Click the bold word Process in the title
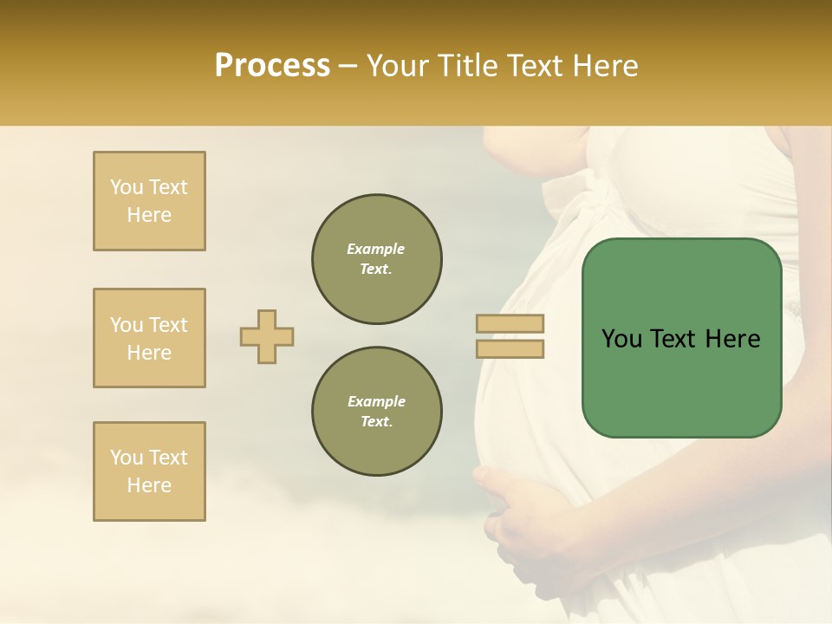(272, 65)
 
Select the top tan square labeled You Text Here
(149, 201)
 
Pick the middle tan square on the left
(149, 338)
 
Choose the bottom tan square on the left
(149, 471)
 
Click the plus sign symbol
(267, 336)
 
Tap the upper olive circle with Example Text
(377, 259)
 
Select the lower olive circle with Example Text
(377, 412)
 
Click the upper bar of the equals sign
(510, 324)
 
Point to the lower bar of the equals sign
(510, 349)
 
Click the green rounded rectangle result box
(681, 381)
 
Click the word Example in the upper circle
(376, 249)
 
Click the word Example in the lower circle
(376, 401)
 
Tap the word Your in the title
(394, 65)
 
